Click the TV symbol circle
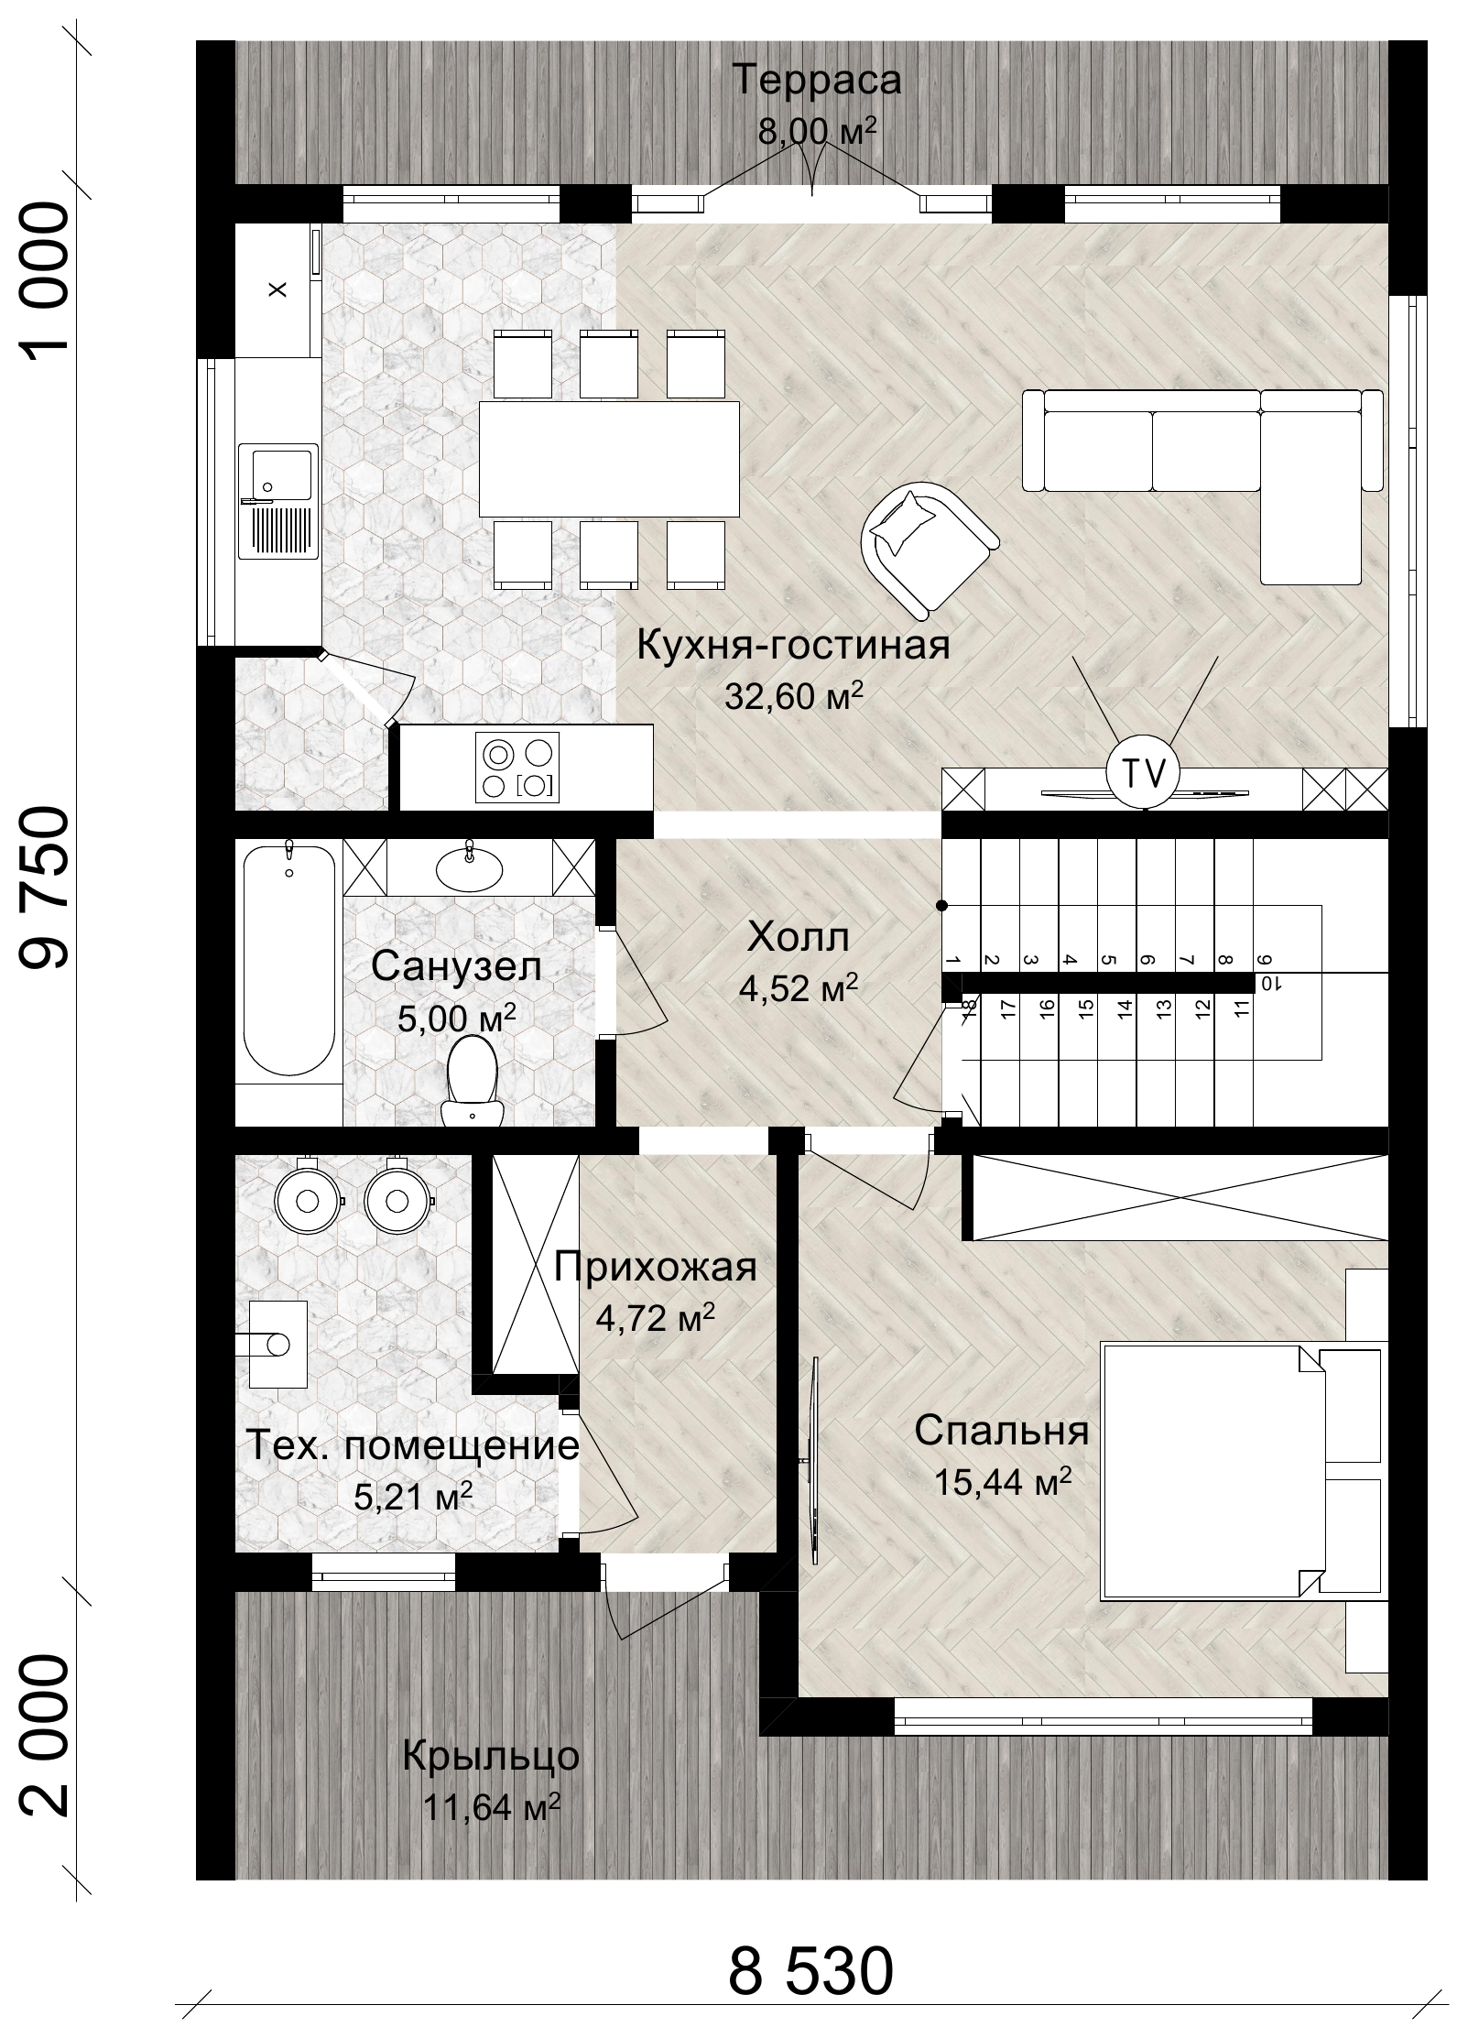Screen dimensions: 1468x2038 [1144, 774]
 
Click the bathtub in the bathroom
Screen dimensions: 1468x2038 [288, 962]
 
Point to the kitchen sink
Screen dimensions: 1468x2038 [277, 501]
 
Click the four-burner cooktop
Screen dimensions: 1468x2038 [518, 767]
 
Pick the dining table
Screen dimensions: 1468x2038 [609, 459]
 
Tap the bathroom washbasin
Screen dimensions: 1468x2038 [469, 866]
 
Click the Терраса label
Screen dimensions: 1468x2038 [817, 80]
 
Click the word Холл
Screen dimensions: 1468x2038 [799, 937]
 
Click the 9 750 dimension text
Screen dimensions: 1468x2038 [46, 889]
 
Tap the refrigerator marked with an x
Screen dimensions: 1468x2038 [277, 289]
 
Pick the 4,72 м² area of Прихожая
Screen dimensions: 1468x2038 [655, 1319]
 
